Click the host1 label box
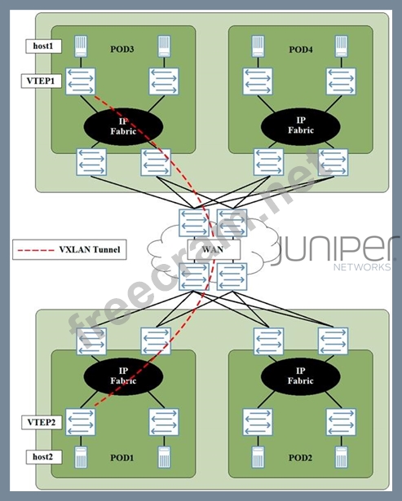[x=43, y=46]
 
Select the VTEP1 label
[x=42, y=81]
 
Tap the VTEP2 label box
[x=42, y=423]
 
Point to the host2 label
[x=43, y=457]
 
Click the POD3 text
[x=122, y=49]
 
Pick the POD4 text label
[x=301, y=50]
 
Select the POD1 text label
[x=121, y=458]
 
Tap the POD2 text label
[x=300, y=458]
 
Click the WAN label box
[x=214, y=249]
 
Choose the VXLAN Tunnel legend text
[x=90, y=249]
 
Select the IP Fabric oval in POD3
[x=123, y=126]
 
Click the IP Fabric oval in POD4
[x=301, y=126]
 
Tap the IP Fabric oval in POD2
[x=301, y=376]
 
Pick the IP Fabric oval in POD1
[x=123, y=376]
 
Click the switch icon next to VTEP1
[x=81, y=81]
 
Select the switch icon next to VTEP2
[x=81, y=422]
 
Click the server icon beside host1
[x=81, y=46]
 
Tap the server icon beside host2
[x=81, y=458]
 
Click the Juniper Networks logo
[x=337, y=253]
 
